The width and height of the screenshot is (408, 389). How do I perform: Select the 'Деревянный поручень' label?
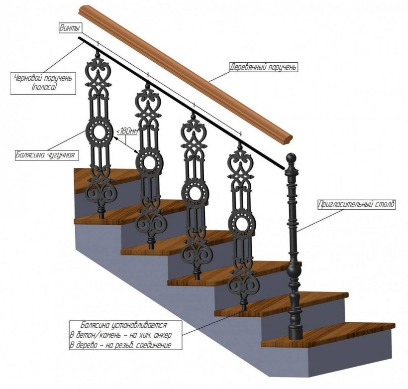pyautogui.click(x=263, y=67)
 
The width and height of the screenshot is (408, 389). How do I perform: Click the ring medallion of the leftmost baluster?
pyautogui.click(x=98, y=132)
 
